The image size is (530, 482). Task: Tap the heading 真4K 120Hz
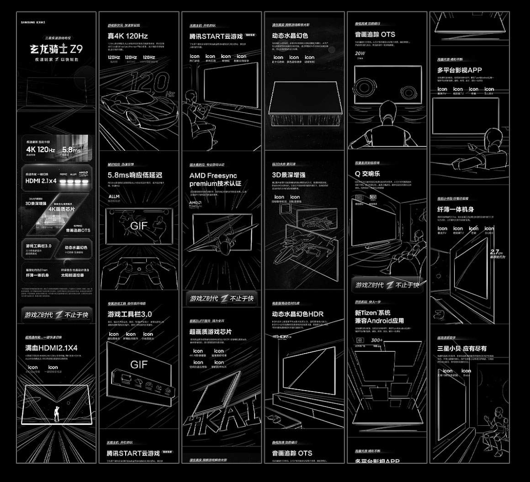click(x=127, y=36)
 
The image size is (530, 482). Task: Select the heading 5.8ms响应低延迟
click(x=135, y=175)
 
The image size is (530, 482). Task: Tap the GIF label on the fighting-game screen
click(x=139, y=226)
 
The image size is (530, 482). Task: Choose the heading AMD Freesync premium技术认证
click(x=216, y=180)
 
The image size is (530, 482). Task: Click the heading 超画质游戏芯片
click(x=211, y=331)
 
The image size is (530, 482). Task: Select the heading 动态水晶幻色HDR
click(x=297, y=314)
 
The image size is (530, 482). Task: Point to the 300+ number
click(x=377, y=340)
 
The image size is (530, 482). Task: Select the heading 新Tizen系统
click(x=373, y=313)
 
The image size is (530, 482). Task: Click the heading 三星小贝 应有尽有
click(x=462, y=348)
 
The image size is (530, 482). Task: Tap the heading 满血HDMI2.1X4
click(x=51, y=348)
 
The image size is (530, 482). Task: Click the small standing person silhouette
click(x=57, y=414)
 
